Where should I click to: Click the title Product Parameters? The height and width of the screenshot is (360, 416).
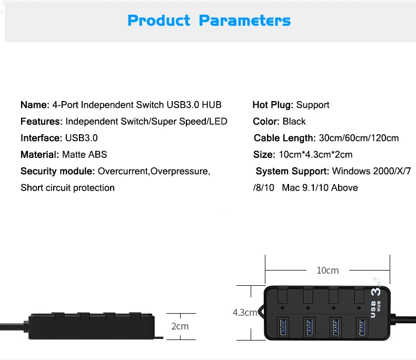(x=209, y=21)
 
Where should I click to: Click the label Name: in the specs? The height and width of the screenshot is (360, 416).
(x=35, y=105)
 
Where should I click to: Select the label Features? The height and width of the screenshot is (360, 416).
(x=42, y=122)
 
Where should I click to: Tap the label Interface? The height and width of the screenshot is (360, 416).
(x=41, y=138)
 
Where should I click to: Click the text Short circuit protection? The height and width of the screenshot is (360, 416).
(x=67, y=188)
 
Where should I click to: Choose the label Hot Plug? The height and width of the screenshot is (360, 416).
(x=273, y=105)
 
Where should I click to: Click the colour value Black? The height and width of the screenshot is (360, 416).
(x=294, y=122)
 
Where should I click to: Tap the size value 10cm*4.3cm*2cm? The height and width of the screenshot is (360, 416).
(x=315, y=155)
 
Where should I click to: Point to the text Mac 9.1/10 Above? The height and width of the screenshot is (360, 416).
(x=320, y=188)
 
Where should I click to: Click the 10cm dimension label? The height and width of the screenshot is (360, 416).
(x=328, y=271)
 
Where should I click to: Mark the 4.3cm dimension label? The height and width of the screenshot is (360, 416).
(x=245, y=313)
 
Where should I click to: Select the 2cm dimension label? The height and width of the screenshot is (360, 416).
(x=180, y=326)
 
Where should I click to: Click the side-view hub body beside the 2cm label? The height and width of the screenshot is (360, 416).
(x=90, y=326)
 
